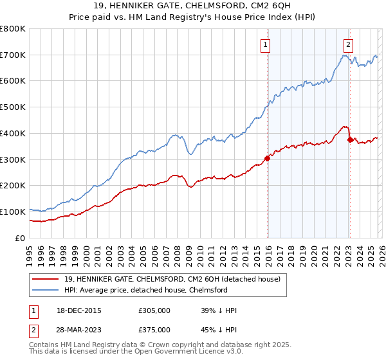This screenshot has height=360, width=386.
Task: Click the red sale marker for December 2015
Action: tap(267, 158)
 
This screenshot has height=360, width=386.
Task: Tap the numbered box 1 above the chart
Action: tap(266, 44)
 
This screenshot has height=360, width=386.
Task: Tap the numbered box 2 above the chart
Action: tap(348, 44)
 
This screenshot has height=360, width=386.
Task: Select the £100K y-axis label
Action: tap(13, 212)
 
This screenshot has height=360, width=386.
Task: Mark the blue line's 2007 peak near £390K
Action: tap(174, 136)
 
